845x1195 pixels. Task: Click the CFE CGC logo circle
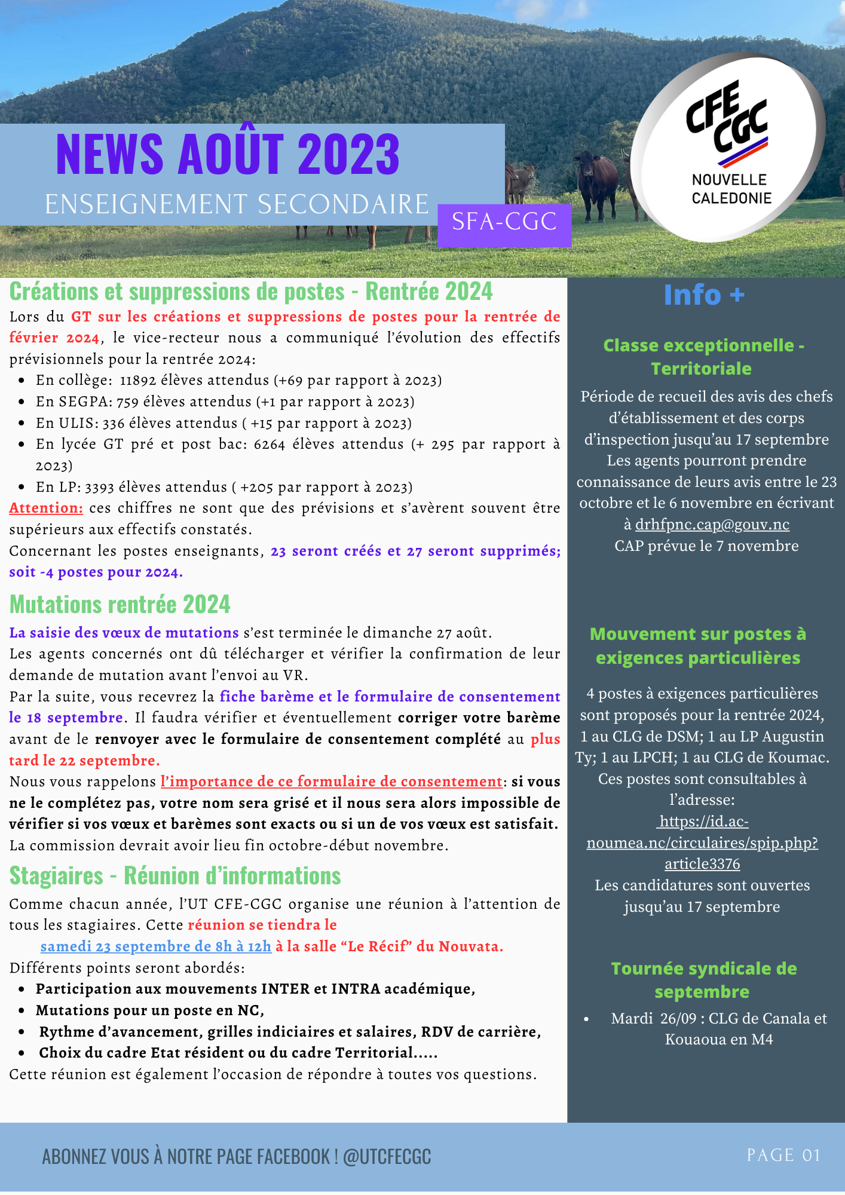[x=728, y=149]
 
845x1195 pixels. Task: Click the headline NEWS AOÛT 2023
[x=228, y=155]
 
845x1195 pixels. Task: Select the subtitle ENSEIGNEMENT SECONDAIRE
[x=237, y=205]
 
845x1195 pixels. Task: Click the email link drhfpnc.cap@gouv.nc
[x=712, y=525]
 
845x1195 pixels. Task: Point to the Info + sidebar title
[x=704, y=295]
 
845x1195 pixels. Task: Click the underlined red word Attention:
[x=46, y=508]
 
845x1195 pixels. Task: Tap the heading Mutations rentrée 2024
[x=120, y=605]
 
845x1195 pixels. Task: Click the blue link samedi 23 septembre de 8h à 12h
[x=156, y=947]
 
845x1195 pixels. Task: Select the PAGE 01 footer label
[x=783, y=1156]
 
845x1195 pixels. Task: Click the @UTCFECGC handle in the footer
[x=387, y=1157]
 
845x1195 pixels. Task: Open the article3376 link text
[x=702, y=865]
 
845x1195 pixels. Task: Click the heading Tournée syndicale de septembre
[x=703, y=980]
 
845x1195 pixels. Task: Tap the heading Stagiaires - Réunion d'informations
[x=175, y=877]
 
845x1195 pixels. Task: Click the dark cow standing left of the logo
[x=596, y=182]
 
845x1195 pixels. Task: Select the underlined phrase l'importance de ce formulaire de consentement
[x=332, y=782]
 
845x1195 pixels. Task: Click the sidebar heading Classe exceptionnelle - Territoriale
[x=703, y=357]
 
